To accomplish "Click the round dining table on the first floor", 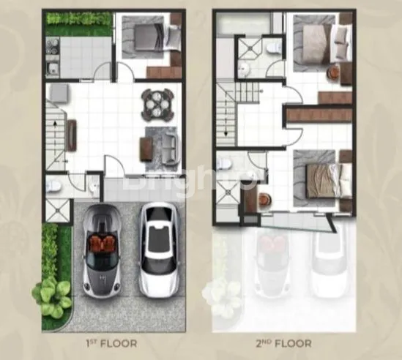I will click(157, 104).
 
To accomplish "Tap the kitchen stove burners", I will click(53, 50).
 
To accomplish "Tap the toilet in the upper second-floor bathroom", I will click(272, 47).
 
